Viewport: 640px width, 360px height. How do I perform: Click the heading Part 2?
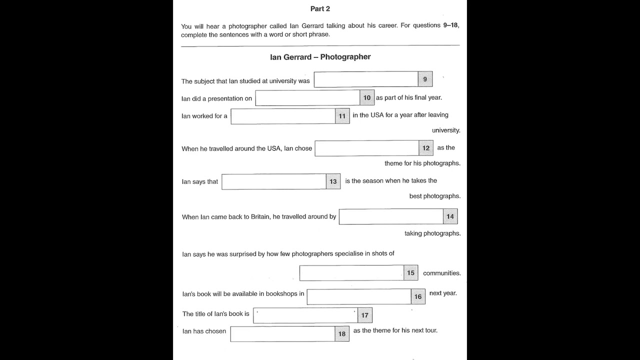point(320,8)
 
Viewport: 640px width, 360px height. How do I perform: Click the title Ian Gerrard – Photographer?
point(320,57)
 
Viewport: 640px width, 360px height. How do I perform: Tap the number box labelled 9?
point(425,79)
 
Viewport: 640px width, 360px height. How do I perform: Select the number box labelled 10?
point(367,98)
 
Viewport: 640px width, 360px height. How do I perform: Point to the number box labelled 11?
point(342,116)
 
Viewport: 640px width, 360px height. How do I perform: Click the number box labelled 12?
point(426,148)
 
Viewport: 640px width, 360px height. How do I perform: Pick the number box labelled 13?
point(333,181)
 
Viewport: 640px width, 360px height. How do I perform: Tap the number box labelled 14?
point(450,216)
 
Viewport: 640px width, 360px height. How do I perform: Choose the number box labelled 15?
point(410,273)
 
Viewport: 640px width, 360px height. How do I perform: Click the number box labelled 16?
point(418,296)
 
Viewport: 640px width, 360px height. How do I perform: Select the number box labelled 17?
point(365,315)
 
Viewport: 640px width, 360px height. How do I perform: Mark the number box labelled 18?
point(342,334)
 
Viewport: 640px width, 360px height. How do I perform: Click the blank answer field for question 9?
point(366,79)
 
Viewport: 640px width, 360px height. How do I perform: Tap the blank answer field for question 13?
point(274,181)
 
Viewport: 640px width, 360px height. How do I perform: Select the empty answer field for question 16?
point(359,296)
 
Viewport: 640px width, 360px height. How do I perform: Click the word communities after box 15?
point(441,273)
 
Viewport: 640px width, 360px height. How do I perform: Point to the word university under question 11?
point(446,130)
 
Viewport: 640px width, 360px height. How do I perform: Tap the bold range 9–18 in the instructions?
point(451,25)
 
